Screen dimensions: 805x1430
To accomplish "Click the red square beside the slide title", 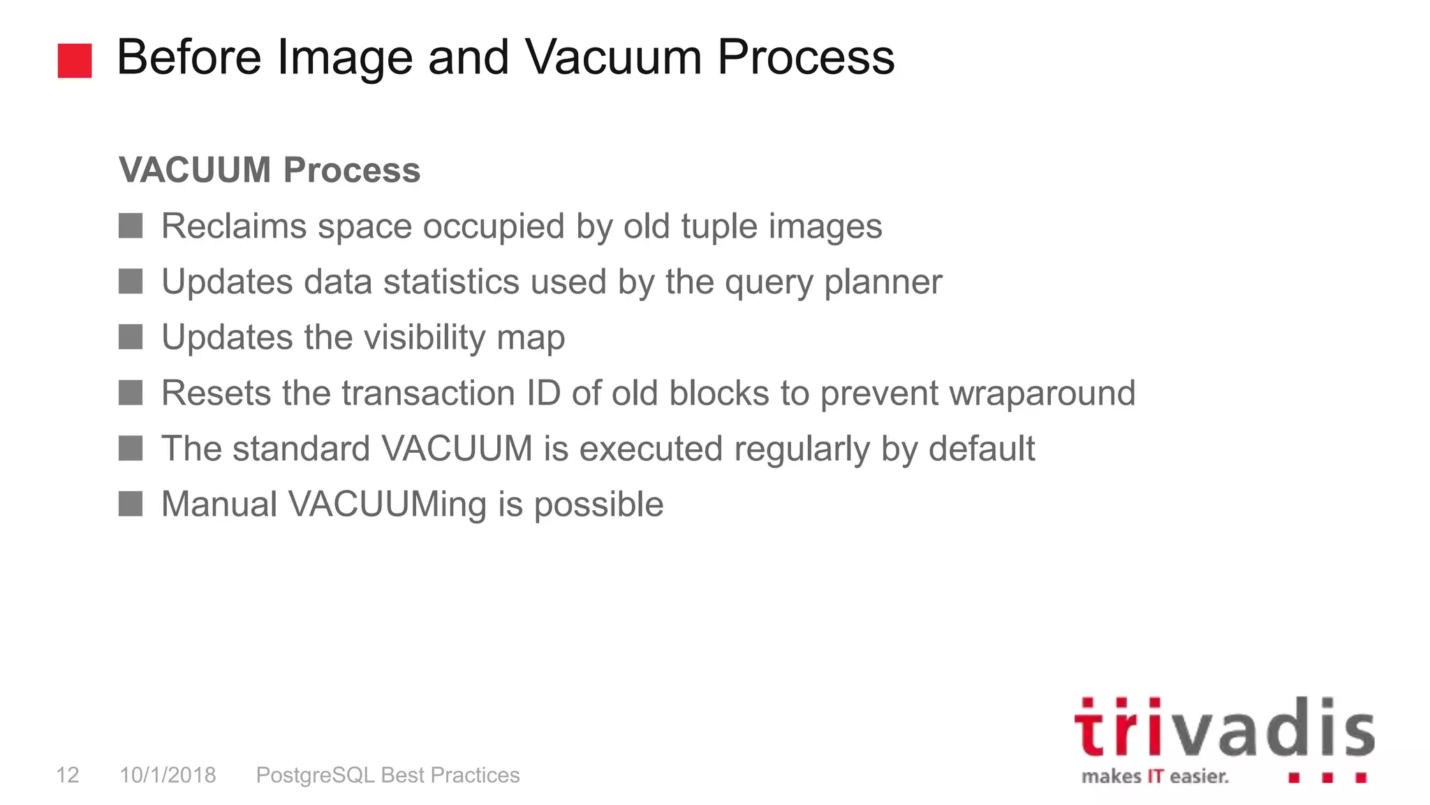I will pyautogui.click(x=75, y=61).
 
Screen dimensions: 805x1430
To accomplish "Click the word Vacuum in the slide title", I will pyautogui.click(x=612, y=57).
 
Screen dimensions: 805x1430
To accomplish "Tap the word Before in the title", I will pyautogui.click(x=189, y=57).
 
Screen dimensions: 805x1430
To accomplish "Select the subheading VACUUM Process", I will pyautogui.click(x=270, y=170).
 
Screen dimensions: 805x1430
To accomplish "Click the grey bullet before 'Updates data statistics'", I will pyautogui.click(x=131, y=282).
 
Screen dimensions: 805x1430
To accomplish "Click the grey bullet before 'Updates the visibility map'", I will pyautogui.click(x=131, y=337).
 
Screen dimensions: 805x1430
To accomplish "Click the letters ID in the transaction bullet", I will pyautogui.click(x=543, y=393).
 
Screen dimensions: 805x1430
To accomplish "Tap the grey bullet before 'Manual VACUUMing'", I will pyautogui.click(x=131, y=504).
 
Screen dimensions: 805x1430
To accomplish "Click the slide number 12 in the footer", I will pyautogui.click(x=68, y=775).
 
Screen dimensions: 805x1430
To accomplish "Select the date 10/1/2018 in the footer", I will pyautogui.click(x=168, y=775).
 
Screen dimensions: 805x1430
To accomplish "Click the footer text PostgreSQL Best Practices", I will pyautogui.click(x=388, y=775).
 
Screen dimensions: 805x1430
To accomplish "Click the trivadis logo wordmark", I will pyautogui.click(x=1223, y=728).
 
